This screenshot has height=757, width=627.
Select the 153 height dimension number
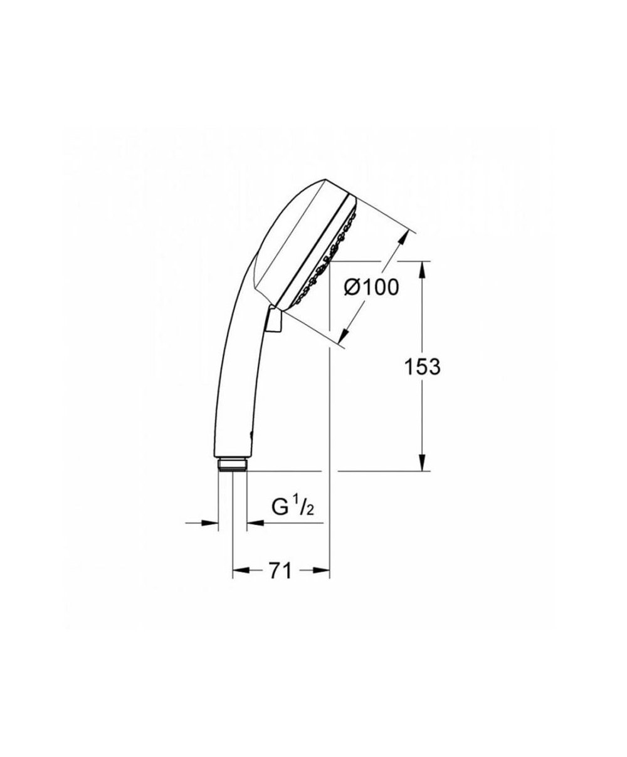(x=423, y=367)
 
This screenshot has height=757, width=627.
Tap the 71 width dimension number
(x=280, y=571)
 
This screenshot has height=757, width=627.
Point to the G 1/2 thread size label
(x=292, y=507)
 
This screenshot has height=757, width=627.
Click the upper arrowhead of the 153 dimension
(x=422, y=270)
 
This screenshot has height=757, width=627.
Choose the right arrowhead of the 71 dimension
(x=321, y=570)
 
